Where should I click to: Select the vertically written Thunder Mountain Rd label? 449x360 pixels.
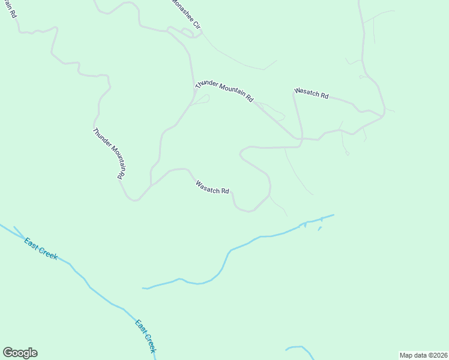coord(109,154)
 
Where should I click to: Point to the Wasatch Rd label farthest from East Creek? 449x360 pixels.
coord(311,94)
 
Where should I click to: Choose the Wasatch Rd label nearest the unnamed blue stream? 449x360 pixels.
coord(212,187)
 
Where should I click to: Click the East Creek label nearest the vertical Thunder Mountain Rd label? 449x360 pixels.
coord(41,248)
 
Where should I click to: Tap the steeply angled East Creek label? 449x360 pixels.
coord(146,336)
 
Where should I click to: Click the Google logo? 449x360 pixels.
coord(20,353)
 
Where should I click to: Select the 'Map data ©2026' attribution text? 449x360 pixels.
coord(423,355)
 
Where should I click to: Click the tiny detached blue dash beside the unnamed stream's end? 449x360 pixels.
coord(319,228)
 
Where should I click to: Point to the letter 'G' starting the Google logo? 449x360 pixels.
coord(8,353)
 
